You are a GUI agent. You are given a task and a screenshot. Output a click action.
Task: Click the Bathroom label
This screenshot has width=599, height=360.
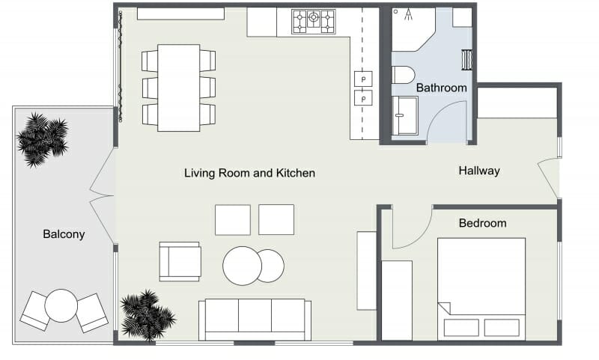pos(441,88)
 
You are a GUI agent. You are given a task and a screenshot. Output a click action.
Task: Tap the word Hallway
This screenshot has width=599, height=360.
pos(479,171)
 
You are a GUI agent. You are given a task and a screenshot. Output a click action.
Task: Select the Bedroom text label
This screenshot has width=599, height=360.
pos(482,223)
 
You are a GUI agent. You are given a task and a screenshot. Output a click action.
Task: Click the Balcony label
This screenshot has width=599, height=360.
pos(64,234)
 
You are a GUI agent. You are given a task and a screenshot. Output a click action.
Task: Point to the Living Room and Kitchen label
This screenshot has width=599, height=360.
pos(249,173)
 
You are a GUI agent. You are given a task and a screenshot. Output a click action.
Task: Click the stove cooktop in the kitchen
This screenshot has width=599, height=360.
pos(314,21)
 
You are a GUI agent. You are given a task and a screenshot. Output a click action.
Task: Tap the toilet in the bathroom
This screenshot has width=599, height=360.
pos(403,74)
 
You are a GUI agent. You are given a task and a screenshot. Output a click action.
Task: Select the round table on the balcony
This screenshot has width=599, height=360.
pos(61,305)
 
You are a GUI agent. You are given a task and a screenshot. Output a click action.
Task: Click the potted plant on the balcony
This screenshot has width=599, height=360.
pos(43,138)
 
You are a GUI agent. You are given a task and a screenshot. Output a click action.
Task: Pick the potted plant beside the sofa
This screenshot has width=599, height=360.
pos(147,314)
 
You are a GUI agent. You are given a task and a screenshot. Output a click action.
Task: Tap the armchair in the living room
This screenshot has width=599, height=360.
pos(180,261)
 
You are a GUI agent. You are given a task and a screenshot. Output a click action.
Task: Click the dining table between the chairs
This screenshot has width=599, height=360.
pos(178,87)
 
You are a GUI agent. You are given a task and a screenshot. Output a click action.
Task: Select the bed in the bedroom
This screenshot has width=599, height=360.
pos(481,287)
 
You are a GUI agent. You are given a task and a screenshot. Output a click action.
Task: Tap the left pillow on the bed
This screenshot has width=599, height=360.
pos(460,327)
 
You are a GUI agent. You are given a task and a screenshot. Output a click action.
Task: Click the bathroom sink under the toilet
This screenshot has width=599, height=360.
pos(406,116)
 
